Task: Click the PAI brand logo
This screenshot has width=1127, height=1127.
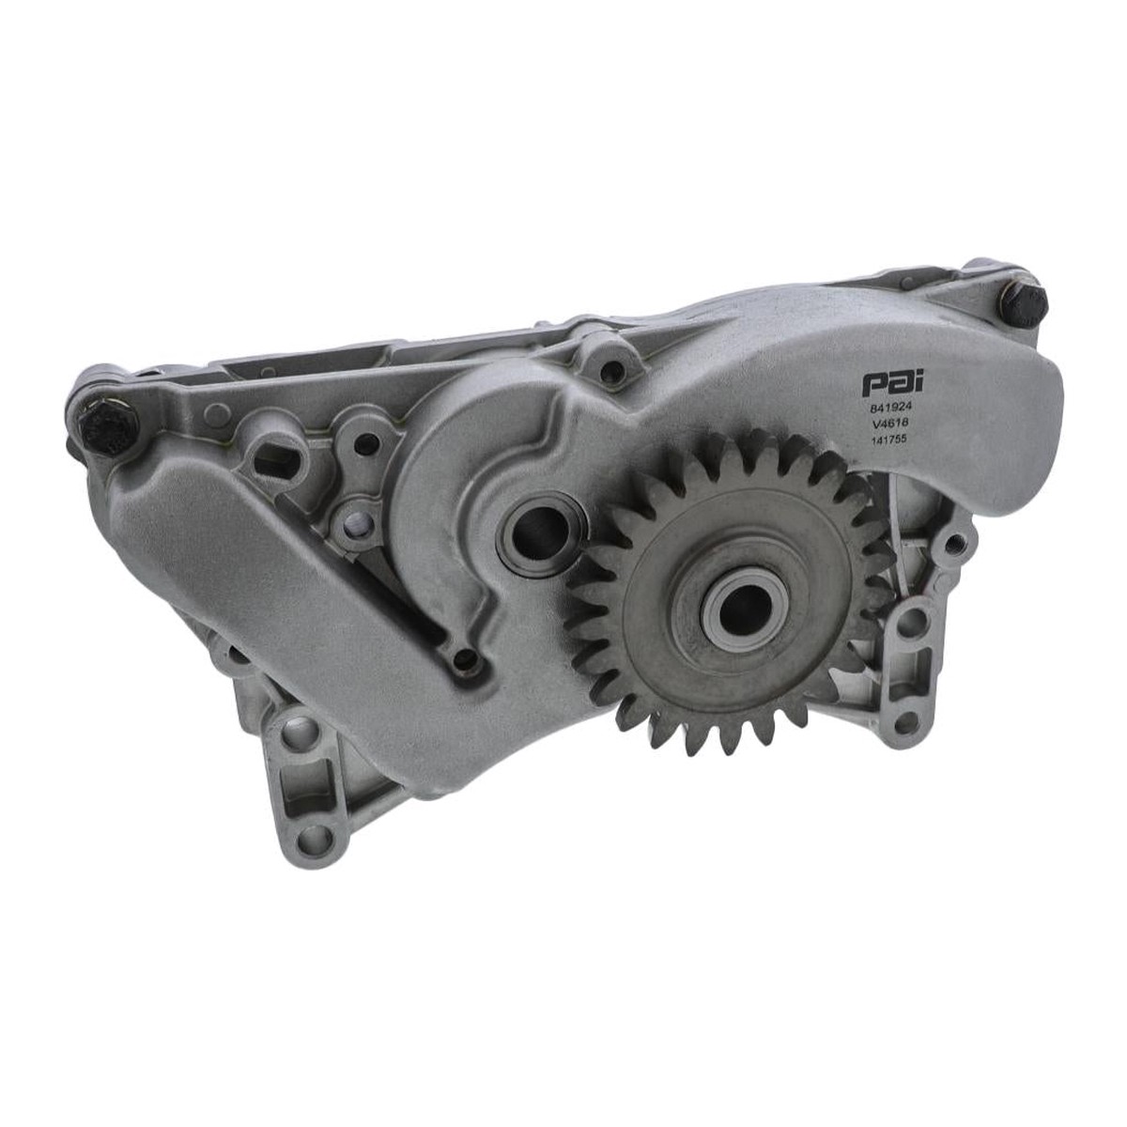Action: click(886, 383)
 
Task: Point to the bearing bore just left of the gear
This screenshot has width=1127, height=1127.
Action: click(539, 532)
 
